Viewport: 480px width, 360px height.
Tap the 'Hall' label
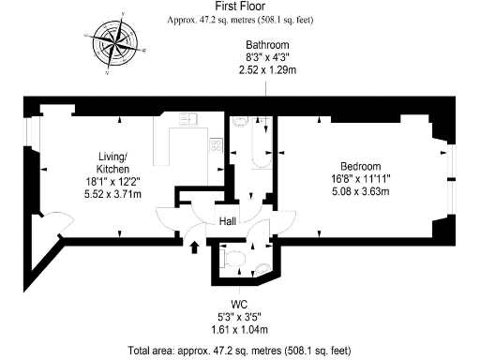point(228,222)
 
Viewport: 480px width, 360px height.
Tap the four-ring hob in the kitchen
point(216,145)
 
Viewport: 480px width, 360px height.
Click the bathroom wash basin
point(238,120)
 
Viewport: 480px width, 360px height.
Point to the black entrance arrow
point(194,247)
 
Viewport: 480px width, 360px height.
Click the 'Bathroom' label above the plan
point(266,44)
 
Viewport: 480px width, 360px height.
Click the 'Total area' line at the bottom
point(239,351)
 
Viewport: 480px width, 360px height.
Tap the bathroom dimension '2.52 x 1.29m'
point(266,69)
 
